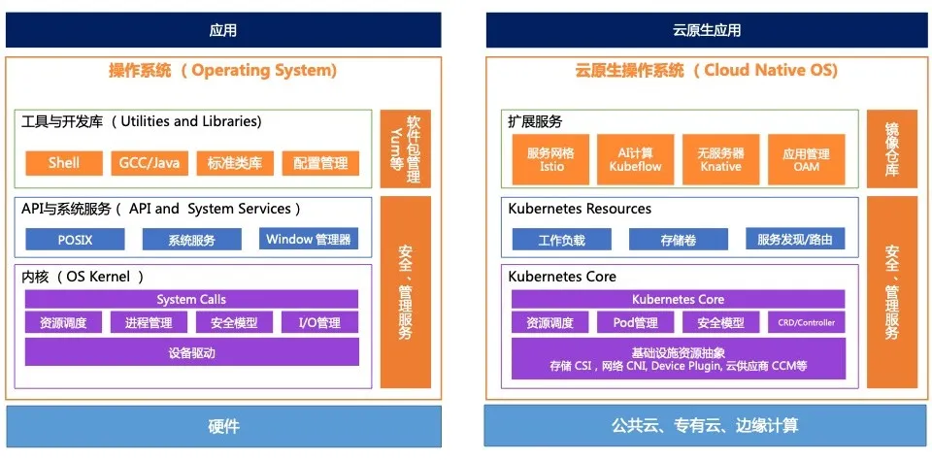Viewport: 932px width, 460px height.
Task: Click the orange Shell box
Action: coord(63,163)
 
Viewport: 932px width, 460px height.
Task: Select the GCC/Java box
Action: coord(150,163)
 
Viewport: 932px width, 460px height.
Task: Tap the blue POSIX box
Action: coord(74,239)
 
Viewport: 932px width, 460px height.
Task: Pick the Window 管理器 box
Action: coord(309,239)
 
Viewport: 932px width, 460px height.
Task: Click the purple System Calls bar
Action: coord(191,299)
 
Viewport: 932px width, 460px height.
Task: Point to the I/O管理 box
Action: coord(319,323)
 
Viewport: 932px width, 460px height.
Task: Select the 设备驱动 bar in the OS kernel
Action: coord(191,352)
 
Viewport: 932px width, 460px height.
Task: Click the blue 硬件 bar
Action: coord(223,426)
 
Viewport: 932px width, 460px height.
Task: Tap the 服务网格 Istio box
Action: coord(550,160)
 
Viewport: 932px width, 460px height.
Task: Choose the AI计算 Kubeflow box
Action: coord(635,160)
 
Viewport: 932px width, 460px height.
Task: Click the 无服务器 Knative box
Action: coord(720,160)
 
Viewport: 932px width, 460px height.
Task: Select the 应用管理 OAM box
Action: coord(805,160)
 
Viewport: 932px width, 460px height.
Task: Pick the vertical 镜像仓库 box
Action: coord(891,148)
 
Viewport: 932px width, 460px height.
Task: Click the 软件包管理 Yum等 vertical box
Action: coord(405,148)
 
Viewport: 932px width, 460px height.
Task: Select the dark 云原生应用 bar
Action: coord(706,30)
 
